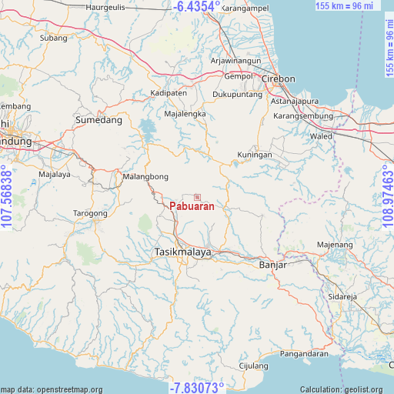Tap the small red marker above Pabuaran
pyautogui.click(x=197, y=197)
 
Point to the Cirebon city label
pyautogui.click(x=278, y=79)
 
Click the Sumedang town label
pyautogui.click(x=98, y=121)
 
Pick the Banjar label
pyautogui.click(x=272, y=265)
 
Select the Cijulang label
pyautogui.click(x=253, y=366)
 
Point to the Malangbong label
pyautogui.click(x=145, y=176)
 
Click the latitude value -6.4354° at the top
pyautogui.click(x=197, y=6)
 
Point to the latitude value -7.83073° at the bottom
pyautogui.click(x=197, y=387)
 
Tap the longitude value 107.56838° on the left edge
pyautogui.click(x=7, y=197)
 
